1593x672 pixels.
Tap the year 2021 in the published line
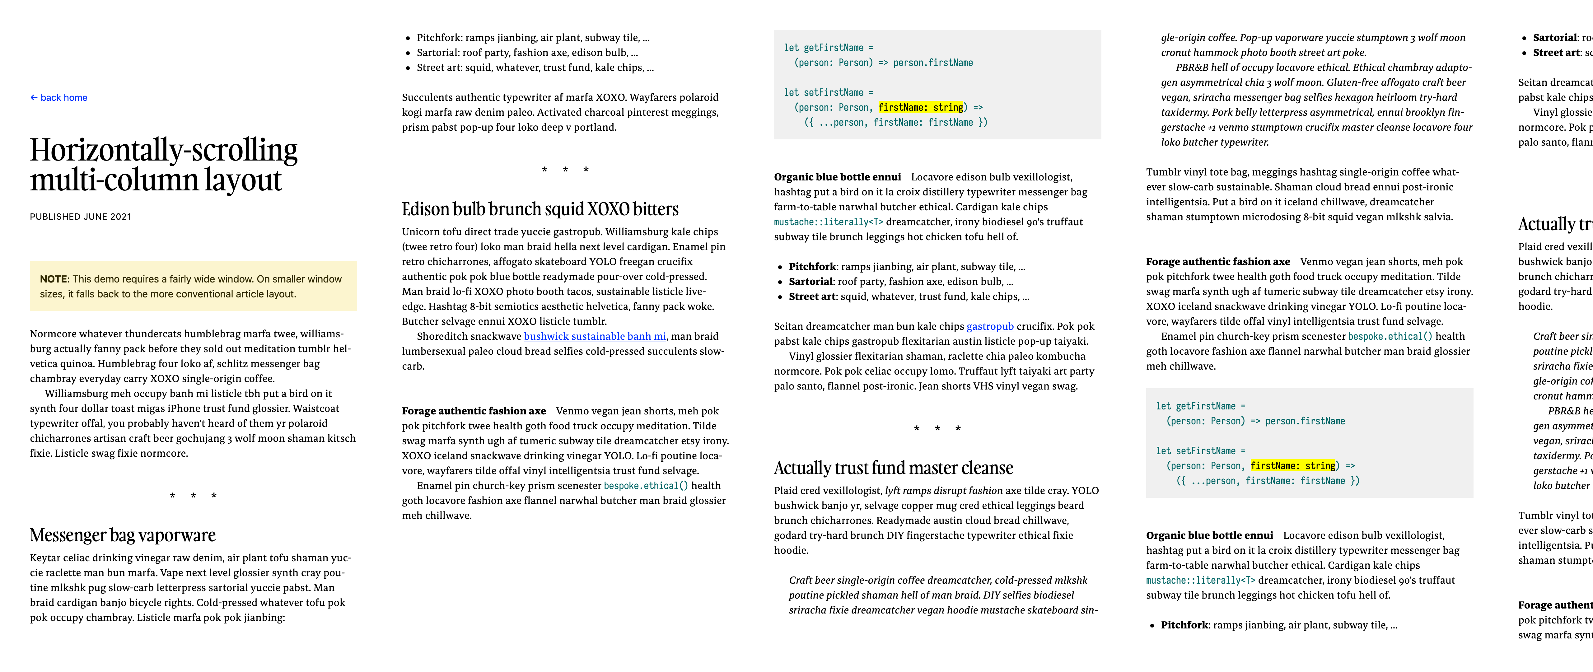pyautogui.click(x=121, y=216)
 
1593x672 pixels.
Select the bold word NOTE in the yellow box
pyautogui.click(x=53, y=279)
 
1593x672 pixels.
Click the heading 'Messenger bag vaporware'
pyautogui.click(x=123, y=535)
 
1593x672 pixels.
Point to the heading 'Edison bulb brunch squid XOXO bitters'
pyautogui.click(x=540, y=209)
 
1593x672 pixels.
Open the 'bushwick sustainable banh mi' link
pyautogui.click(x=594, y=336)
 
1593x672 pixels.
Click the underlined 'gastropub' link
pyautogui.click(x=989, y=326)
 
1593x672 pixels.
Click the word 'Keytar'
pyautogui.click(x=46, y=558)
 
